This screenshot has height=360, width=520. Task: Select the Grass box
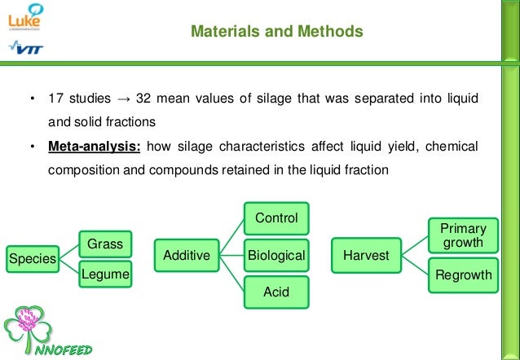pos(104,243)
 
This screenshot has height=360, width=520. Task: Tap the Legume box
pos(104,274)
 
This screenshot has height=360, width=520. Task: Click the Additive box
pos(187,256)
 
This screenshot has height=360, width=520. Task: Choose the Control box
pos(276,218)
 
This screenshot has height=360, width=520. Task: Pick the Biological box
pos(276,256)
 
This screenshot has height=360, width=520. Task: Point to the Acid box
pos(276,292)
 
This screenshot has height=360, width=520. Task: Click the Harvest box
pos(366,256)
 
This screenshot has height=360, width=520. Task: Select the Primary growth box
pos(462,235)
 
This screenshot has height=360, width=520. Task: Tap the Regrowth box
pos(463,274)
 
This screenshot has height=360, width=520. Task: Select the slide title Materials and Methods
pos(276,32)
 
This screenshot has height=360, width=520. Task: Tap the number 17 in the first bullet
pos(55,99)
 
